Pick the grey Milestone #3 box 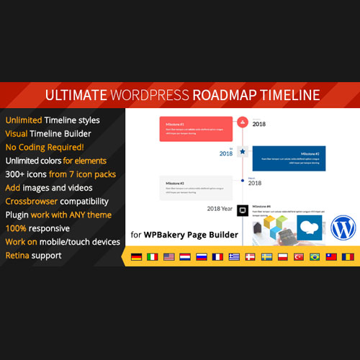click(195, 187)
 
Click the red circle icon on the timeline click(243, 122)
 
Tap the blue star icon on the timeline click(243, 152)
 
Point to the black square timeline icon click(243, 210)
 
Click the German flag click(136, 256)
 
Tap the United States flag click(169, 256)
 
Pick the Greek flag click(235, 256)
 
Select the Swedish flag click(267, 256)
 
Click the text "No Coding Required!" click(44, 147)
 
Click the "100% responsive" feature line click(40, 228)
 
